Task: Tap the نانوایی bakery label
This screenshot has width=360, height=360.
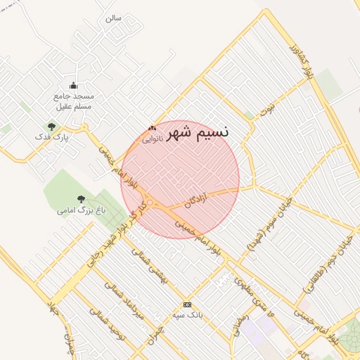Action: click(153, 139)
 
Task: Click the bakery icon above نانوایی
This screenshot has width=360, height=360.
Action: click(152, 128)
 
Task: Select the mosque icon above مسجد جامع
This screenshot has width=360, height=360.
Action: click(74, 86)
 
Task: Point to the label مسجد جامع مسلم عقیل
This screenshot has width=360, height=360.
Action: click(74, 101)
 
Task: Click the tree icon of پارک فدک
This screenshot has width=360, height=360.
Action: click(51, 127)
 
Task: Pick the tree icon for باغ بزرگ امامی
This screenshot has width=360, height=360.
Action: click(81, 199)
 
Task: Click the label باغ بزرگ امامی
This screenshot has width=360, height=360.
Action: click(78, 210)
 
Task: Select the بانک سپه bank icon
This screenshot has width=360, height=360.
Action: click(187, 304)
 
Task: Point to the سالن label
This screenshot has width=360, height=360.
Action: click(114, 18)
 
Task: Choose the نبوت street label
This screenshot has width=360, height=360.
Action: click(266, 108)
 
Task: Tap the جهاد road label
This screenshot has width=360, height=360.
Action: click(52, 310)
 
